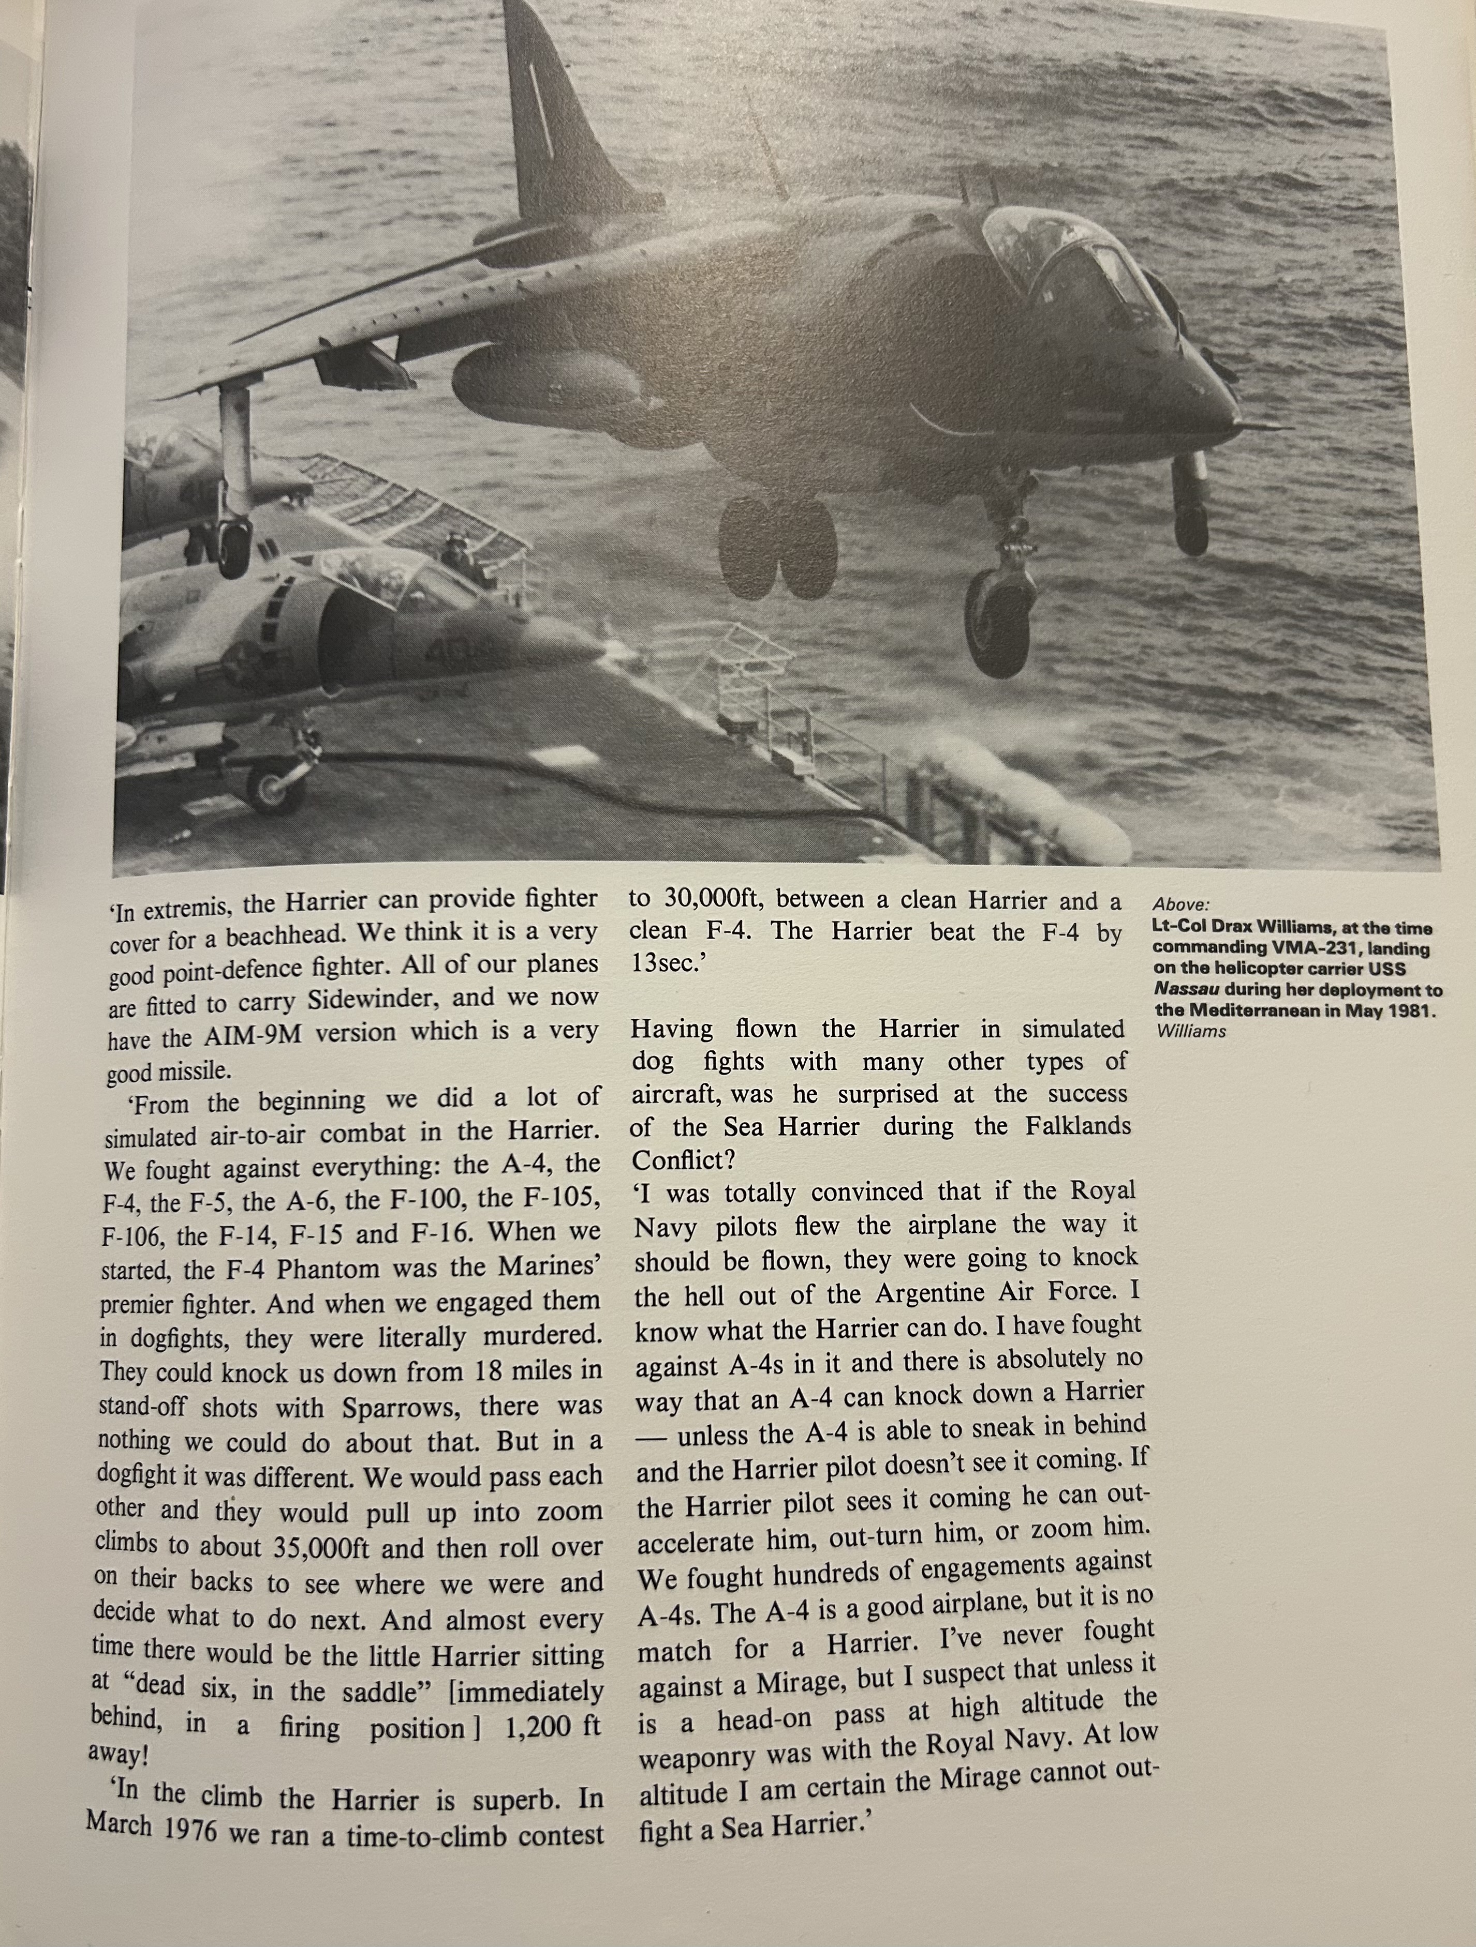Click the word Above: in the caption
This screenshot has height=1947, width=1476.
1180,905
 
